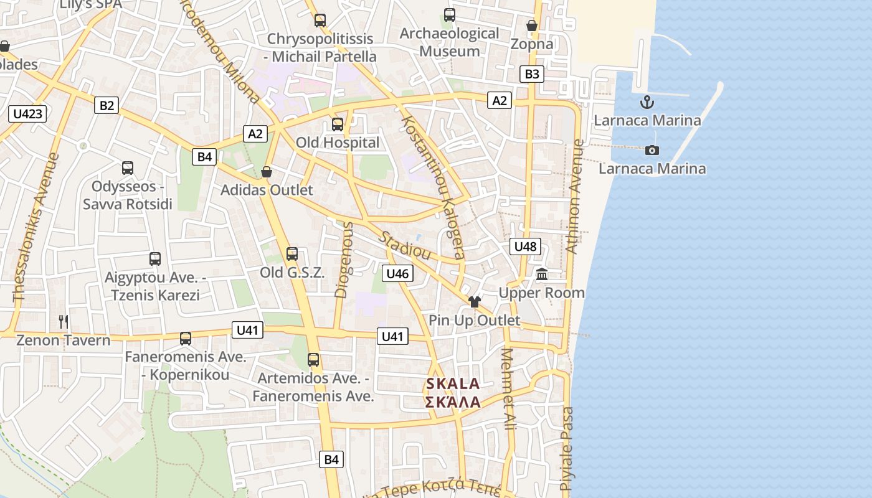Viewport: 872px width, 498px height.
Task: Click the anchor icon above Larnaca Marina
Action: click(x=647, y=102)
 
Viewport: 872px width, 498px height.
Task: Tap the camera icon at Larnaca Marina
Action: click(x=652, y=150)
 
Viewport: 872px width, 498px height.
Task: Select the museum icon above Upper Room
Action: click(x=542, y=274)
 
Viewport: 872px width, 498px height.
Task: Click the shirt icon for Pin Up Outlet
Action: click(x=475, y=302)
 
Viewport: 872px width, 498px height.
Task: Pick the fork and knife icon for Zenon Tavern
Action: click(x=64, y=322)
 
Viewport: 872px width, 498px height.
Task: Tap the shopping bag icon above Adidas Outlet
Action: click(x=267, y=172)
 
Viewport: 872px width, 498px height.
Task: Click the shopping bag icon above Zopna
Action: click(x=531, y=26)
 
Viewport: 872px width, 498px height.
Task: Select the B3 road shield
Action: click(x=531, y=74)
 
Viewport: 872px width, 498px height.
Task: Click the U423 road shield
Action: click(x=28, y=113)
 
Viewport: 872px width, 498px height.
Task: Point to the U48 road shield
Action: click(x=525, y=247)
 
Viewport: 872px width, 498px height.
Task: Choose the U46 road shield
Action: click(x=397, y=273)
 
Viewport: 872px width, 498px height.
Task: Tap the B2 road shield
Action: click(x=107, y=105)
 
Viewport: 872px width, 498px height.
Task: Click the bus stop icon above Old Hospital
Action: click(x=338, y=125)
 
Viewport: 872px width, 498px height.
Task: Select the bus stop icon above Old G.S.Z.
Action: click(x=292, y=254)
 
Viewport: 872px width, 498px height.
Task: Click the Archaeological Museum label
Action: click(x=449, y=42)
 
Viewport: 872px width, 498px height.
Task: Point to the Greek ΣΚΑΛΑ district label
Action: click(x=453, y=402)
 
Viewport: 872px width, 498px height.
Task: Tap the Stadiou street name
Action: click(x=405, y=246)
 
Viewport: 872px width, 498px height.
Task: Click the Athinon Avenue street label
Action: click(x=574, y=196)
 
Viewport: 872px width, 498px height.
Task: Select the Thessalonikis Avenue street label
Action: click(x=36, y=228)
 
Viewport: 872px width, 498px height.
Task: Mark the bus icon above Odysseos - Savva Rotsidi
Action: click(x=128, y=168)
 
